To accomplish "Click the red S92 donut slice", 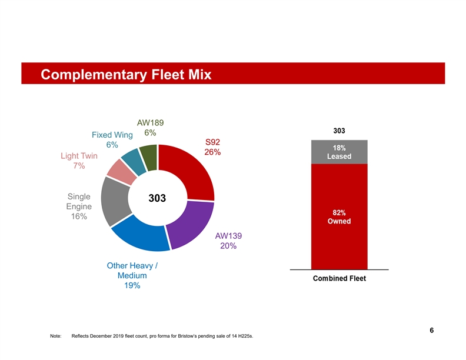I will pyautogui.click(x=191, y=171).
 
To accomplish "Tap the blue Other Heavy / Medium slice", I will pyautogui.click(x=140, y=235).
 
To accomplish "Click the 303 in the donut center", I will pyautogui.click(x=157, y=199).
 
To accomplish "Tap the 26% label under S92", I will pyautogui.click(x=212, y=152).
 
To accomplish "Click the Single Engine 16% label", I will pyautogui.click(x=79, y=206).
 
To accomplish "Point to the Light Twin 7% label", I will pyautogui.click(x=79, y=161).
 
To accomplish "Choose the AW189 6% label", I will pyautogui.click(x=150, y=128).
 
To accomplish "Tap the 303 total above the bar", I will pyautogui.click(x=339, y=130).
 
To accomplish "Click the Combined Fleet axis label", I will pyautogui.click(x=339, y=279).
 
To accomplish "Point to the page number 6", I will pyautogui.click(x=432, y=330).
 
